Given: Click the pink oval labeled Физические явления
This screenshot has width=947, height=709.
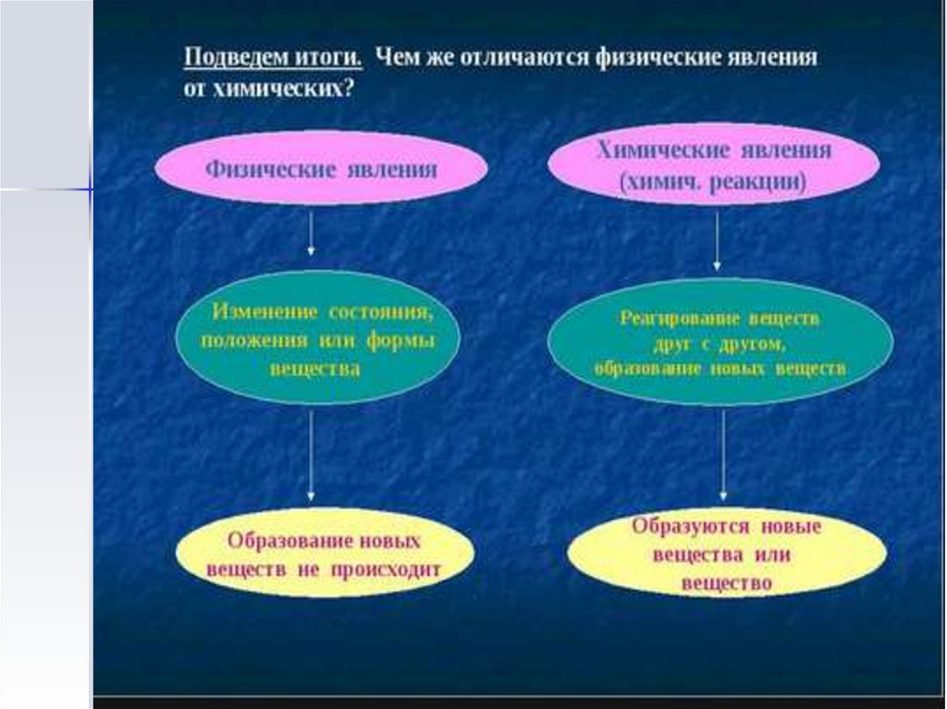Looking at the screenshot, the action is coord(321,169).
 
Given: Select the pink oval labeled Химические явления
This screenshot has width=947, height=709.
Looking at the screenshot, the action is coord(713,166).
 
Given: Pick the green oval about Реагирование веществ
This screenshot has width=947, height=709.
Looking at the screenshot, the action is coord(719,342).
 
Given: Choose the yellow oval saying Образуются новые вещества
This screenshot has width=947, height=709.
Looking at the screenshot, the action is coord(726,555).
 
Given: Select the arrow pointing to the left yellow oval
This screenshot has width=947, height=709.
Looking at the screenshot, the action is coord(311,457).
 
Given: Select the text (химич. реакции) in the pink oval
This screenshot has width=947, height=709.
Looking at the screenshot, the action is coord(713,182).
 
